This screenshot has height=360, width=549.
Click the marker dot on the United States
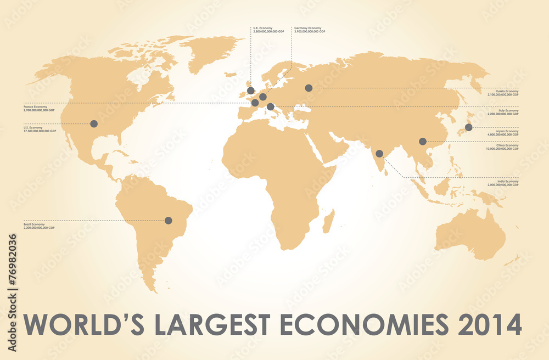tap(93, 124)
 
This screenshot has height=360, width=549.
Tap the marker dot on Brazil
tap(169, 221)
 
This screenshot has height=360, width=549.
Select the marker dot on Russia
tap(309, 88)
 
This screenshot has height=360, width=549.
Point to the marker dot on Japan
tap(468, 127)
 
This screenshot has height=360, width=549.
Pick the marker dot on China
tap(422, 142)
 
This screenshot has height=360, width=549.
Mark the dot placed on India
tap(379, 154)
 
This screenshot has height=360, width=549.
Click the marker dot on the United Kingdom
tap(251, 91)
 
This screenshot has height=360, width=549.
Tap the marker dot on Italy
tap(270, 106)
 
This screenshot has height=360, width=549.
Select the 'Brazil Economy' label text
tap(34, 224)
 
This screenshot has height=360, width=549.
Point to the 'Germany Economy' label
tap(308, 27)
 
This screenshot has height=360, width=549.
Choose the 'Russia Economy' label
tap(503, 91)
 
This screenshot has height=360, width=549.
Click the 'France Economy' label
tap(35, 106)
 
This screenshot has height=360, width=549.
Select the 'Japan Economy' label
tap(504, 131)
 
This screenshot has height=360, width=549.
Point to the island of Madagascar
tap(328, 221)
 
